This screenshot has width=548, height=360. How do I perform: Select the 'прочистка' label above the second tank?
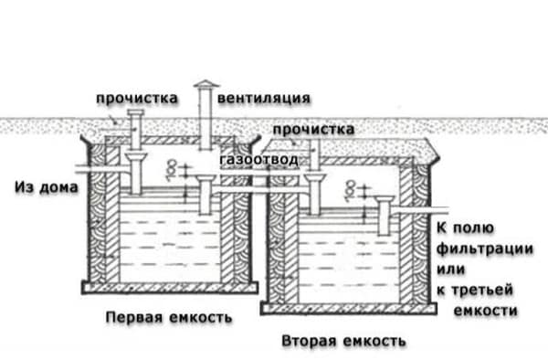coord(313,131)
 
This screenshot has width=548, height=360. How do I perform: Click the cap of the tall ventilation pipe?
coord(204,86)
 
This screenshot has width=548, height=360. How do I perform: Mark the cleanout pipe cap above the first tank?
coord(135,113)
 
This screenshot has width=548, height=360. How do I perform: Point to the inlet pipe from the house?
coord(96,170)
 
